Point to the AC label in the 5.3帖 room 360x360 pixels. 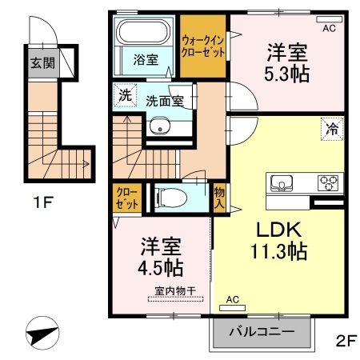point(329,27)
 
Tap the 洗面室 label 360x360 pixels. point(166,101)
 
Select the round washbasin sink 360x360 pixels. point(159,126)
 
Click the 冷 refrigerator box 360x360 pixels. point(330,127)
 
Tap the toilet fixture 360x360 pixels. point(171,197)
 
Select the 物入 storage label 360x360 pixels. point(218,198)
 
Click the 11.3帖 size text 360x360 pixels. point(278,252)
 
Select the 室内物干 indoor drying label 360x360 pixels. point(174,292)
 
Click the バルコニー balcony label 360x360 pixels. point(261,331)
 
